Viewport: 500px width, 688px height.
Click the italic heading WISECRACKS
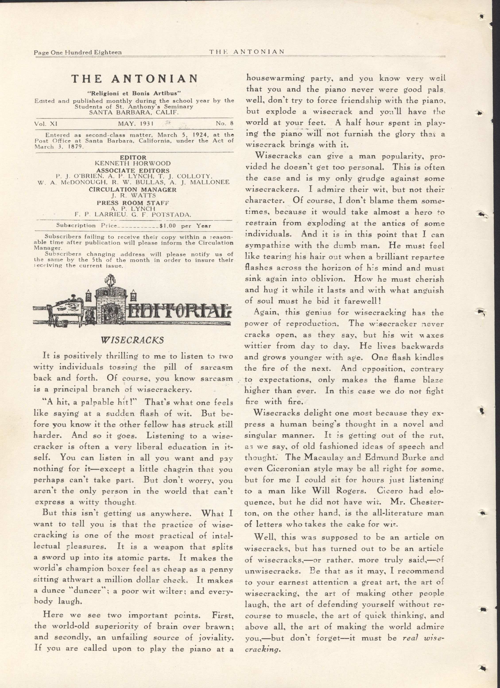pyautogui.click(x=132, y=340)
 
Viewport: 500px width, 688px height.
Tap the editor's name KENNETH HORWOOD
pyautogui.click(x=133, y=163)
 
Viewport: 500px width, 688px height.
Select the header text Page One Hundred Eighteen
pyautogui.click(x=78, y=52)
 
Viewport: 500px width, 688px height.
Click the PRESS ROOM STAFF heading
pyautogui.click(x=133, y=203)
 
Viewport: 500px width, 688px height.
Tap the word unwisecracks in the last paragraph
pyautogui.click(x=272, y=571)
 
